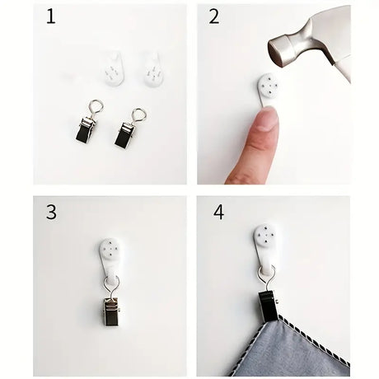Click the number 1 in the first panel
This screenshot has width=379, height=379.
[51, 16]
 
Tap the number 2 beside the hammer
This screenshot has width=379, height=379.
[214, 16]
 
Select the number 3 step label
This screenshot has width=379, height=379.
[51, 212]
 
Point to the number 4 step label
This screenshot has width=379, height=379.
[218, 212]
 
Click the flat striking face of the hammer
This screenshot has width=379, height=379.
[277, 54]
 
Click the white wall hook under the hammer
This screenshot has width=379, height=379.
[268, 90]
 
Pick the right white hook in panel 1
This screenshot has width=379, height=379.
[154, 70]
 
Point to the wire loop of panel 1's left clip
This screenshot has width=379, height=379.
[96, 107]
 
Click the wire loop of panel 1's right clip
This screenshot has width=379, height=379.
[138, 116]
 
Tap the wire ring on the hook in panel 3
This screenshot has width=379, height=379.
[112, 287]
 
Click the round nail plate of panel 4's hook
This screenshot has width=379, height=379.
[265, 236]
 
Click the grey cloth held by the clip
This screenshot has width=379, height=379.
[291, 348]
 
